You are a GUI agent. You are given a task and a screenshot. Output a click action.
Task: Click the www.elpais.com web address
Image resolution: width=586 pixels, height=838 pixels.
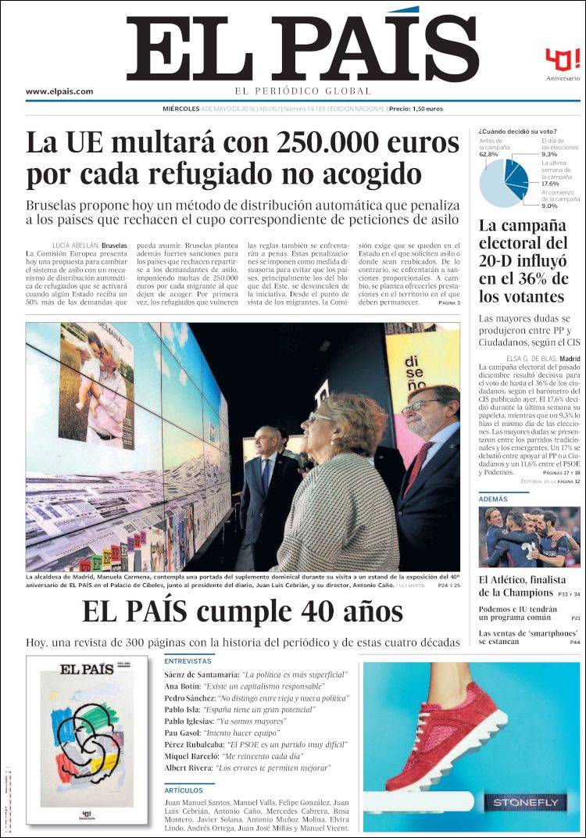point(59,91)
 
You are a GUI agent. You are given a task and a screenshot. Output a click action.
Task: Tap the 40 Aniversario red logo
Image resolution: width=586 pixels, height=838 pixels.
point(563,60)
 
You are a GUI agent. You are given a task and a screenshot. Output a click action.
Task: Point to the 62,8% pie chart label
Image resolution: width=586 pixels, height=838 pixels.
point(488,155)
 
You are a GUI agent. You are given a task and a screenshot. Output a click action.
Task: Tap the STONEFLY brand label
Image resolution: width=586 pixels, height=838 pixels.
point(525,802)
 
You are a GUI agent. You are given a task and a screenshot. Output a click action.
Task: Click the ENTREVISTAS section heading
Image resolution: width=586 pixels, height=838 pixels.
point(188,661)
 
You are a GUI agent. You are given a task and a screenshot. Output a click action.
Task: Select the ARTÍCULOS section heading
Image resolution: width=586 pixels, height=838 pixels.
point(184,790)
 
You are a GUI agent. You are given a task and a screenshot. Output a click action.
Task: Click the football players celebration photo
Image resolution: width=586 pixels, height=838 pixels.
point(529,537)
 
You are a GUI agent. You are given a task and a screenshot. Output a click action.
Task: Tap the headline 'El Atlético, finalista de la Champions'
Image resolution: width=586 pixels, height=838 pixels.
point(522,586)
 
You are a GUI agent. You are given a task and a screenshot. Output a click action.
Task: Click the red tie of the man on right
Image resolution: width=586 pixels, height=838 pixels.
point(417,467)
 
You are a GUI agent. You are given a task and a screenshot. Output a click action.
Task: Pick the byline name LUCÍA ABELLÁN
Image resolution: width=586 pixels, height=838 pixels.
point(75,245)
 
